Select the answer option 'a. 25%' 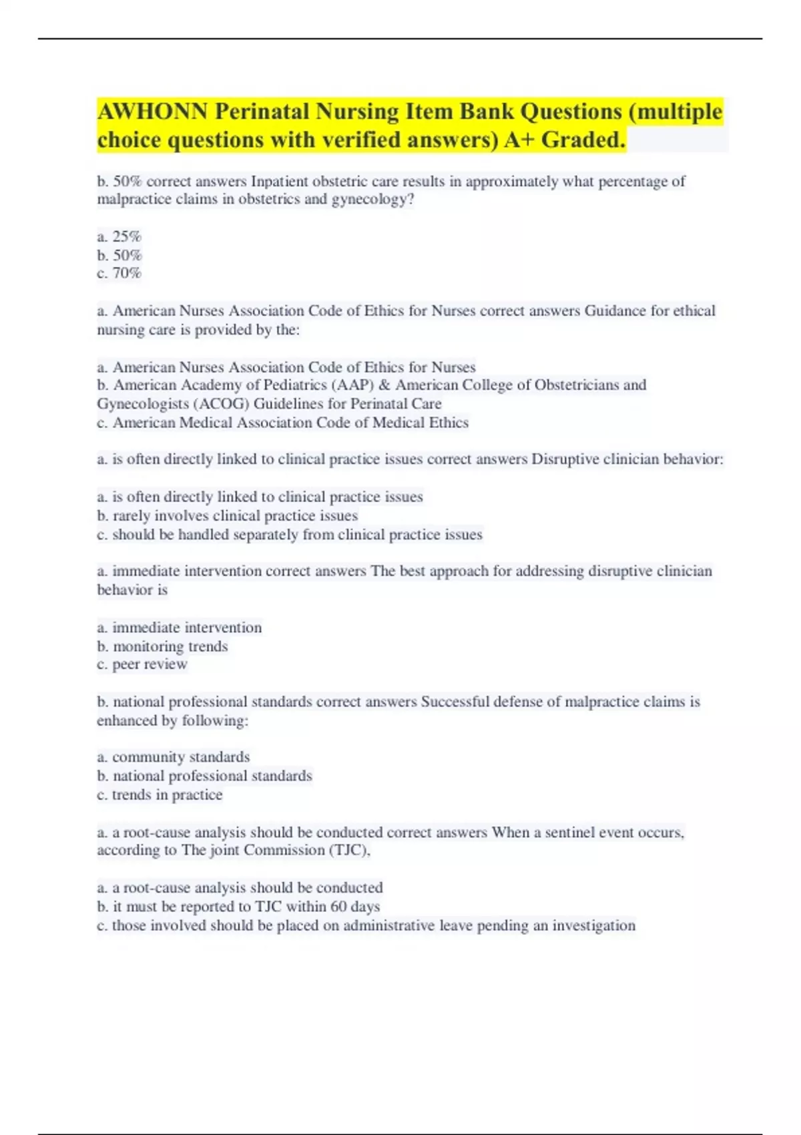point(119,236)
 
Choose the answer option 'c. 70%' point(119,273)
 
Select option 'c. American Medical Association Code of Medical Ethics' point(282,423)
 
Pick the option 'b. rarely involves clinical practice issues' point(227,515)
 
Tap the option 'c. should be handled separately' point(289,535)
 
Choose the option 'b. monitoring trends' point(162,646)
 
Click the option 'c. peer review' point(142,664)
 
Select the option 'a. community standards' point(173,757)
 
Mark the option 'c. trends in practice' point(160,795)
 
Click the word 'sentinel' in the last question point(569,833)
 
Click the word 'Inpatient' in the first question point(280,181)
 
